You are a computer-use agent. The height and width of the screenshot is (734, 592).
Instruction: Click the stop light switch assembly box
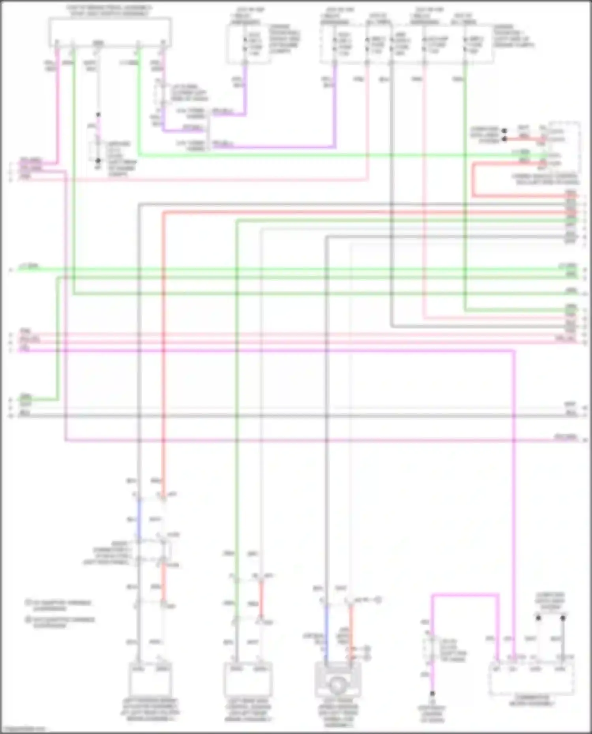[110, 32]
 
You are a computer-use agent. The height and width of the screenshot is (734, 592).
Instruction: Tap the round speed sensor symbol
[337, 686]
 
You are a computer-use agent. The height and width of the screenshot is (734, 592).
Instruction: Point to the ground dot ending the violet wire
[432, 693]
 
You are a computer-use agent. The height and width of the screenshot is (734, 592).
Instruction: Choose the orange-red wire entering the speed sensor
[350, 631]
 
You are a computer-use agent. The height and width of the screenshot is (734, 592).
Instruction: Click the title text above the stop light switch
[110, 11]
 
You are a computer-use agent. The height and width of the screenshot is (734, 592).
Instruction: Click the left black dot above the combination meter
[538, 618]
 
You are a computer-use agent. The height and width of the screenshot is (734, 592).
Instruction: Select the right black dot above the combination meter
[563, 618]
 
